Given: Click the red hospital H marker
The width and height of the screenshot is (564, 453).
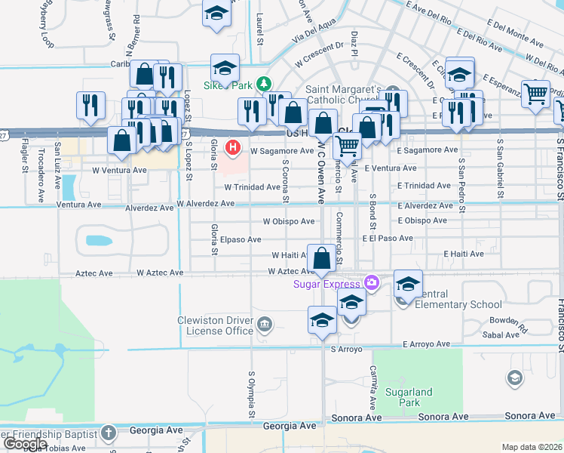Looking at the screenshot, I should [x=234, y=147].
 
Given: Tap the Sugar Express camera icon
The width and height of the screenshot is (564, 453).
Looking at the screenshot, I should [x=370, y=283].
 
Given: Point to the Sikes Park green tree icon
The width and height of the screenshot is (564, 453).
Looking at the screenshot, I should [x=263, y=85].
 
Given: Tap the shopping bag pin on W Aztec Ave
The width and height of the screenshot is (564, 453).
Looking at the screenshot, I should [x=322, y=259].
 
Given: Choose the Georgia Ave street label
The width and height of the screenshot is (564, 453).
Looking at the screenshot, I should [x=290, y=427].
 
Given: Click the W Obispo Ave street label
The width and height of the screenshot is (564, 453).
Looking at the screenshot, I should [x=288, y=221].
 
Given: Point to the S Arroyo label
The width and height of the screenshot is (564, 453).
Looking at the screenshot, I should [x=347, y=350].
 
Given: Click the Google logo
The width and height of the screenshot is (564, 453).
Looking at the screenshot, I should [x=25, y=444].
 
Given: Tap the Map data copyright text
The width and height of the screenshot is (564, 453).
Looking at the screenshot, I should [x=532, y=447].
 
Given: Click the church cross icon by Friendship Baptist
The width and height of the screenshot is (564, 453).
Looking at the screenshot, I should [x=109, y=433].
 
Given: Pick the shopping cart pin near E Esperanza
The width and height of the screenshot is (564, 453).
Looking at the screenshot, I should [x=535, y=95].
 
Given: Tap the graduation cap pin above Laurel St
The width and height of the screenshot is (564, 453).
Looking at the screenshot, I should [x=217, y=14].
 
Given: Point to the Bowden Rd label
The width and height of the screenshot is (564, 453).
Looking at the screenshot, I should [x=504, y=321].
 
